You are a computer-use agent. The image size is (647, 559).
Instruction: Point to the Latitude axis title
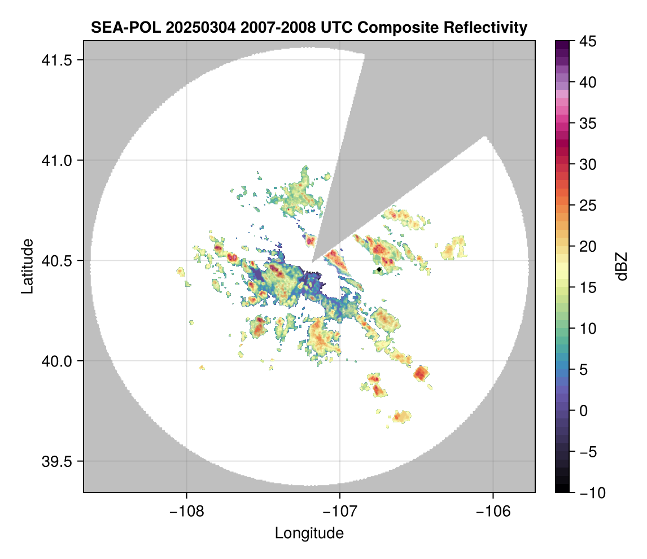(27, 266)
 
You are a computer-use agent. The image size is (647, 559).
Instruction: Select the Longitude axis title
(309, 533)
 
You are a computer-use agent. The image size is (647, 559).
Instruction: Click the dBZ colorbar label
(622, 266)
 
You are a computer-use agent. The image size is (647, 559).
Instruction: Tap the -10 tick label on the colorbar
(590, 493)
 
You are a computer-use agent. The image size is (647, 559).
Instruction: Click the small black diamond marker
(379, 270)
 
